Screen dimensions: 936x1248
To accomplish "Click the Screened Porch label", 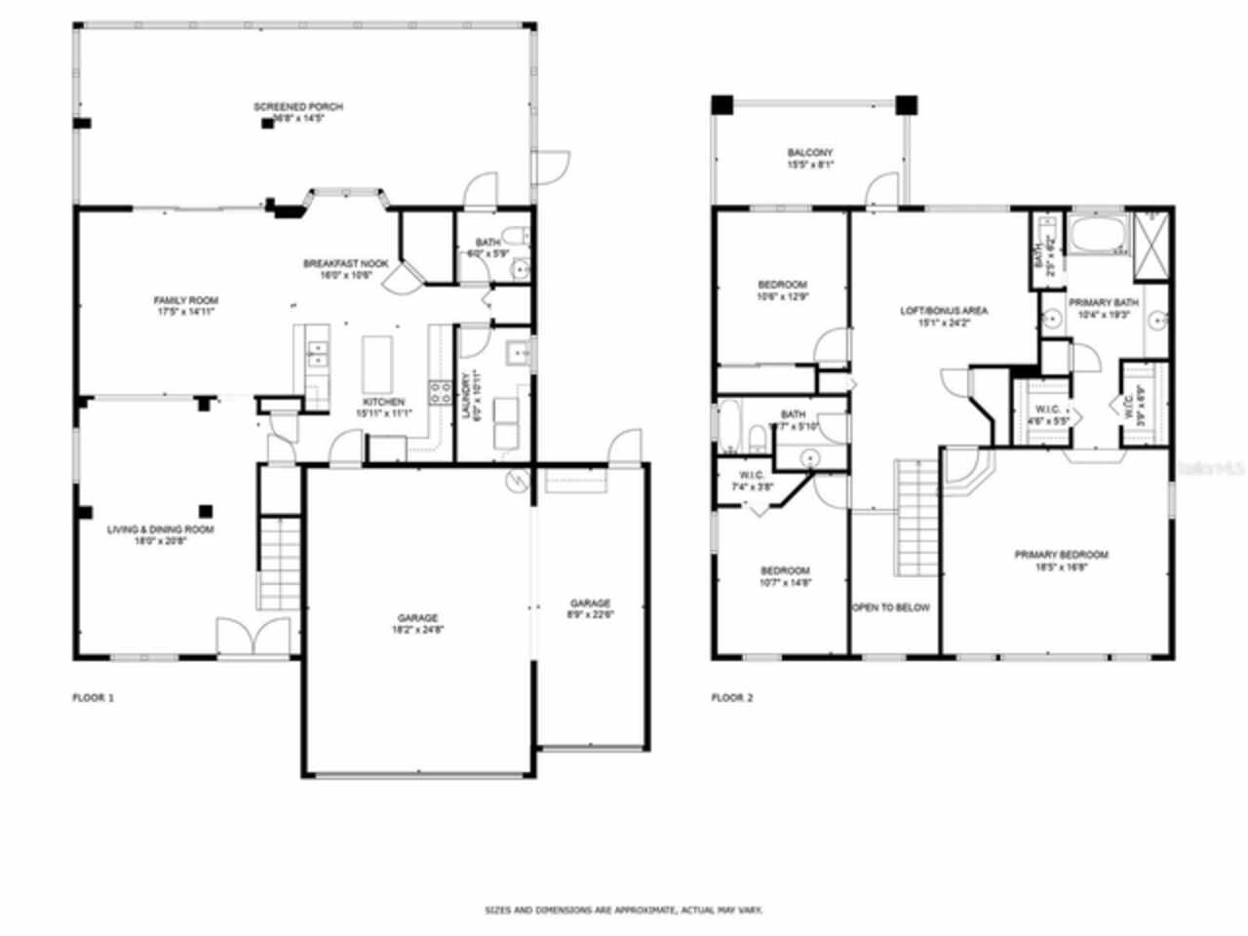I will [x=298, y=112].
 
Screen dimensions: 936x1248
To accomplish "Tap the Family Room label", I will [x=185, y=306].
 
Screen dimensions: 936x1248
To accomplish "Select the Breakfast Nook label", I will [x=345, y=269].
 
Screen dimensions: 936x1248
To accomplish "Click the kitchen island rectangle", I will [x=377, y=363].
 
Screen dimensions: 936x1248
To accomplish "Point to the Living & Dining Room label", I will [x=160, y=535].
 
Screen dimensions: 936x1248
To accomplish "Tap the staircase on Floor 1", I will [x=279, y=562].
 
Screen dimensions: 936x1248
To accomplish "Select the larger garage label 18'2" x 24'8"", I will [x=417, y=623].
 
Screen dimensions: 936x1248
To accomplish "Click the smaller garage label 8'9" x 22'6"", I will [x=590, y=608].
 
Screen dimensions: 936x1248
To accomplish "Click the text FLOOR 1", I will [x=94, y=698].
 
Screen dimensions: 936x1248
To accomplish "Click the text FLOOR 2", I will [x=732, y=698].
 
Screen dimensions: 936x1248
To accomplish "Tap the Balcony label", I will [x=809, y=159].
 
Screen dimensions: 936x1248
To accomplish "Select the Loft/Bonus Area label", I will [x=943, y=316].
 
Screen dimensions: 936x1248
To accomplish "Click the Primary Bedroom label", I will [x=1061, y=561].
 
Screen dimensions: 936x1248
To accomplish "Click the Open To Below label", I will [x=891, y=607].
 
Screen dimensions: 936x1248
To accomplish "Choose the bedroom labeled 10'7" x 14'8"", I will [x=785, y=576].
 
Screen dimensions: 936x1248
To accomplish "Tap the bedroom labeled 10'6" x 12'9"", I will [x=782, y=291].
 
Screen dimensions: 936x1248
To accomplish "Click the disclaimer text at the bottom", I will [x=624, y=910].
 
